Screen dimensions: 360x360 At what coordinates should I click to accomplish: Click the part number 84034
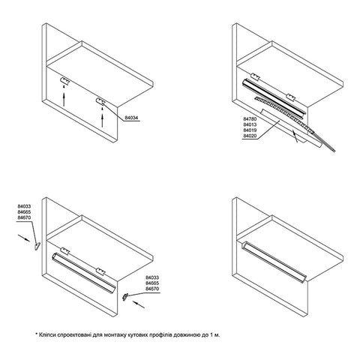pos(131,118)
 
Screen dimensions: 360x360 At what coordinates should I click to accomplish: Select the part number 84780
pos(250,119)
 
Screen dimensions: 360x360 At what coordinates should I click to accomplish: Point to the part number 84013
pos(250,124)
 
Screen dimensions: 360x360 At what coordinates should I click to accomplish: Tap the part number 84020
pos(250,136)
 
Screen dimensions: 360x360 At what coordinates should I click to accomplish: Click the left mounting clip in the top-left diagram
pos(64,81)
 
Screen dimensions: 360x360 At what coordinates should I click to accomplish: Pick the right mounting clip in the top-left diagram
pos(100,101)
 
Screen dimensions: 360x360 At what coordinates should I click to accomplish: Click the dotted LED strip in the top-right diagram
pos(283,114)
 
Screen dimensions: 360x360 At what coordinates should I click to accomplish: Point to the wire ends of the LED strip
pos(325,142)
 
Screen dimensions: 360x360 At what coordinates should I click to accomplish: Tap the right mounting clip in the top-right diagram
pos(291,97)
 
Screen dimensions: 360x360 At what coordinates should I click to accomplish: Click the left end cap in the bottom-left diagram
pos(37,247)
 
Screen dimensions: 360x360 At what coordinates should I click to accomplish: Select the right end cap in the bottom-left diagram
pos(124,297)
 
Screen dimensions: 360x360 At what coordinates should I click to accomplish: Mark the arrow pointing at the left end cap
pos(24,238)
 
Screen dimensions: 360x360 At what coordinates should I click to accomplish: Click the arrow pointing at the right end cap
pos(139,304)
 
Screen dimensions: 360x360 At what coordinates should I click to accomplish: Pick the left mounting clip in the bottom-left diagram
pos(64,250)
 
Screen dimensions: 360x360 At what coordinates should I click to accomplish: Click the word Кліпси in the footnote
pos(47,334)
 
